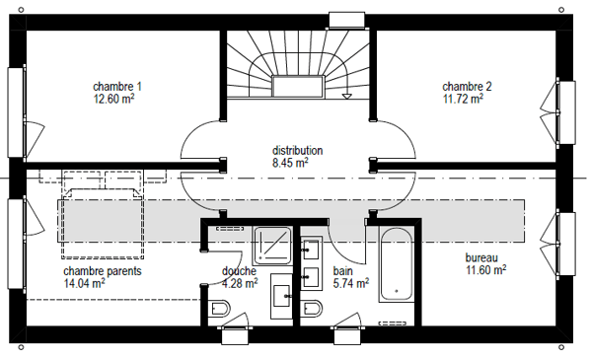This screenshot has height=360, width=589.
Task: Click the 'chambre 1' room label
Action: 117,86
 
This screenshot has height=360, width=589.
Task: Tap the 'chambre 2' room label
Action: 466,86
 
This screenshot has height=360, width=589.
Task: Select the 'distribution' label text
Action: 297,151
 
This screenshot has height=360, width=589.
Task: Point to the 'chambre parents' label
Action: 102,270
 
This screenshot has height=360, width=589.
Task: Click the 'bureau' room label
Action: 481,256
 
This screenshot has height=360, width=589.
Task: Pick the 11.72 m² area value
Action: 463,99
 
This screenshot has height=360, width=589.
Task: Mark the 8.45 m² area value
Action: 290,163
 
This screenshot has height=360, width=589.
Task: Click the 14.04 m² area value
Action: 85,282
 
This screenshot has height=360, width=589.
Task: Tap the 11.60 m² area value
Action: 486,268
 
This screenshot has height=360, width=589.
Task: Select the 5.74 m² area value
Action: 350,283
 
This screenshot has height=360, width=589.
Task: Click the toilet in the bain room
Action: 311,311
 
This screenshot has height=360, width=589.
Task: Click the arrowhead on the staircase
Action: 346,98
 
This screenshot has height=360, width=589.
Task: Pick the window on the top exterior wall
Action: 346,20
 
